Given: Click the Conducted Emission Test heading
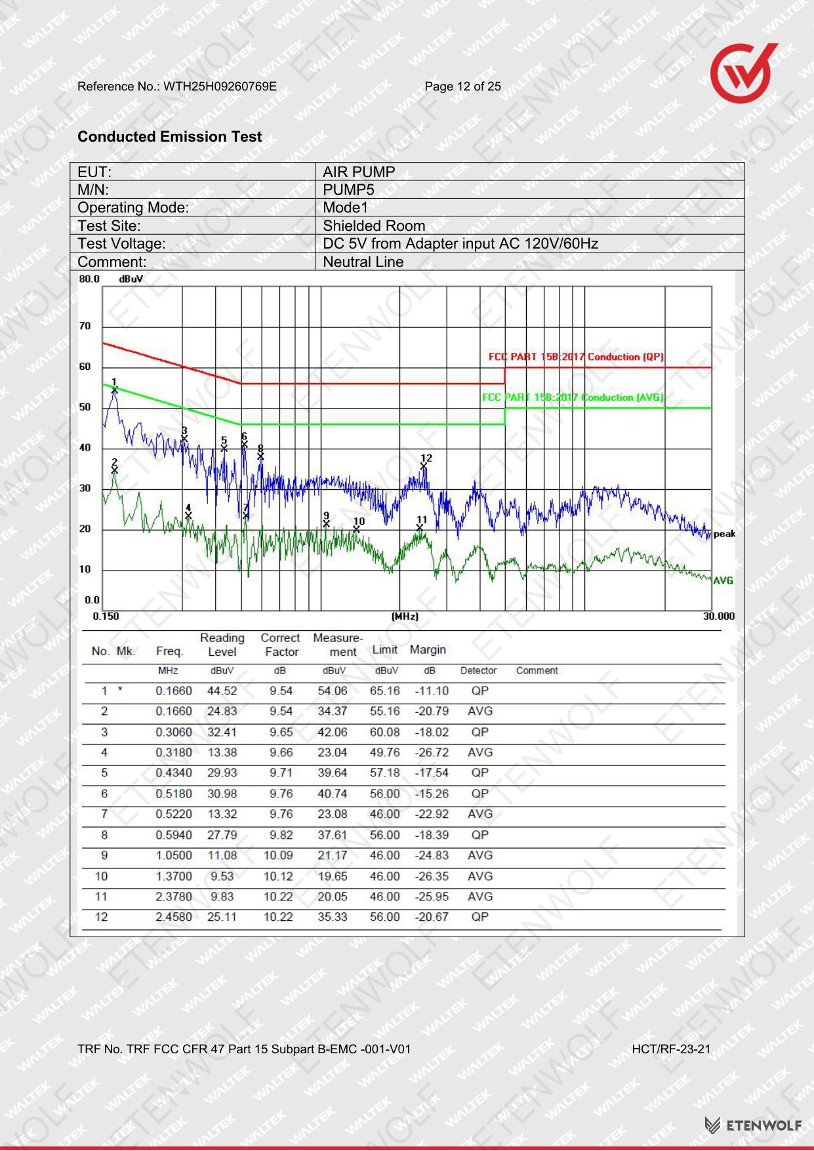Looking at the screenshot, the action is click(169, 136).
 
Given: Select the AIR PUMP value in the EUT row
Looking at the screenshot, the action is click(359, 172).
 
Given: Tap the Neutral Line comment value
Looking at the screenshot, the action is click(363, 262).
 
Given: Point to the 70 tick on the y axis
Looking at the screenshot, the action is click(85, 326).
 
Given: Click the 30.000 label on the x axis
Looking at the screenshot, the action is click(719, 616).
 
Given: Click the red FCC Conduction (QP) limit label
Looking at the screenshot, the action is click(576, 357).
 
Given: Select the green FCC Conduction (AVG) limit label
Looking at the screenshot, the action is click(573, 397).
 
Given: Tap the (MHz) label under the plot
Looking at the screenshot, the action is click(405, 616).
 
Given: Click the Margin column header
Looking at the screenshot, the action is click(428, 649).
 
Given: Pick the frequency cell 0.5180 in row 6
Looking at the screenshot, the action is click(174, 794).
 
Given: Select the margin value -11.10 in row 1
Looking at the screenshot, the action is click(432, 691).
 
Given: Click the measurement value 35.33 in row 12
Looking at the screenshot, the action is click(333, 917).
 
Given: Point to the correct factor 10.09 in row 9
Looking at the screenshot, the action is click(278, 855).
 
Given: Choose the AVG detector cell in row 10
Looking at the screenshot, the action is click(480, 876).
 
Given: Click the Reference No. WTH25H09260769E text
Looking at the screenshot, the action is click(177, 87).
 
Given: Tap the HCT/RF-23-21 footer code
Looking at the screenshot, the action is click(671, 1049).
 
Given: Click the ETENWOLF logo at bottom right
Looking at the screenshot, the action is click(753, 1125).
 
